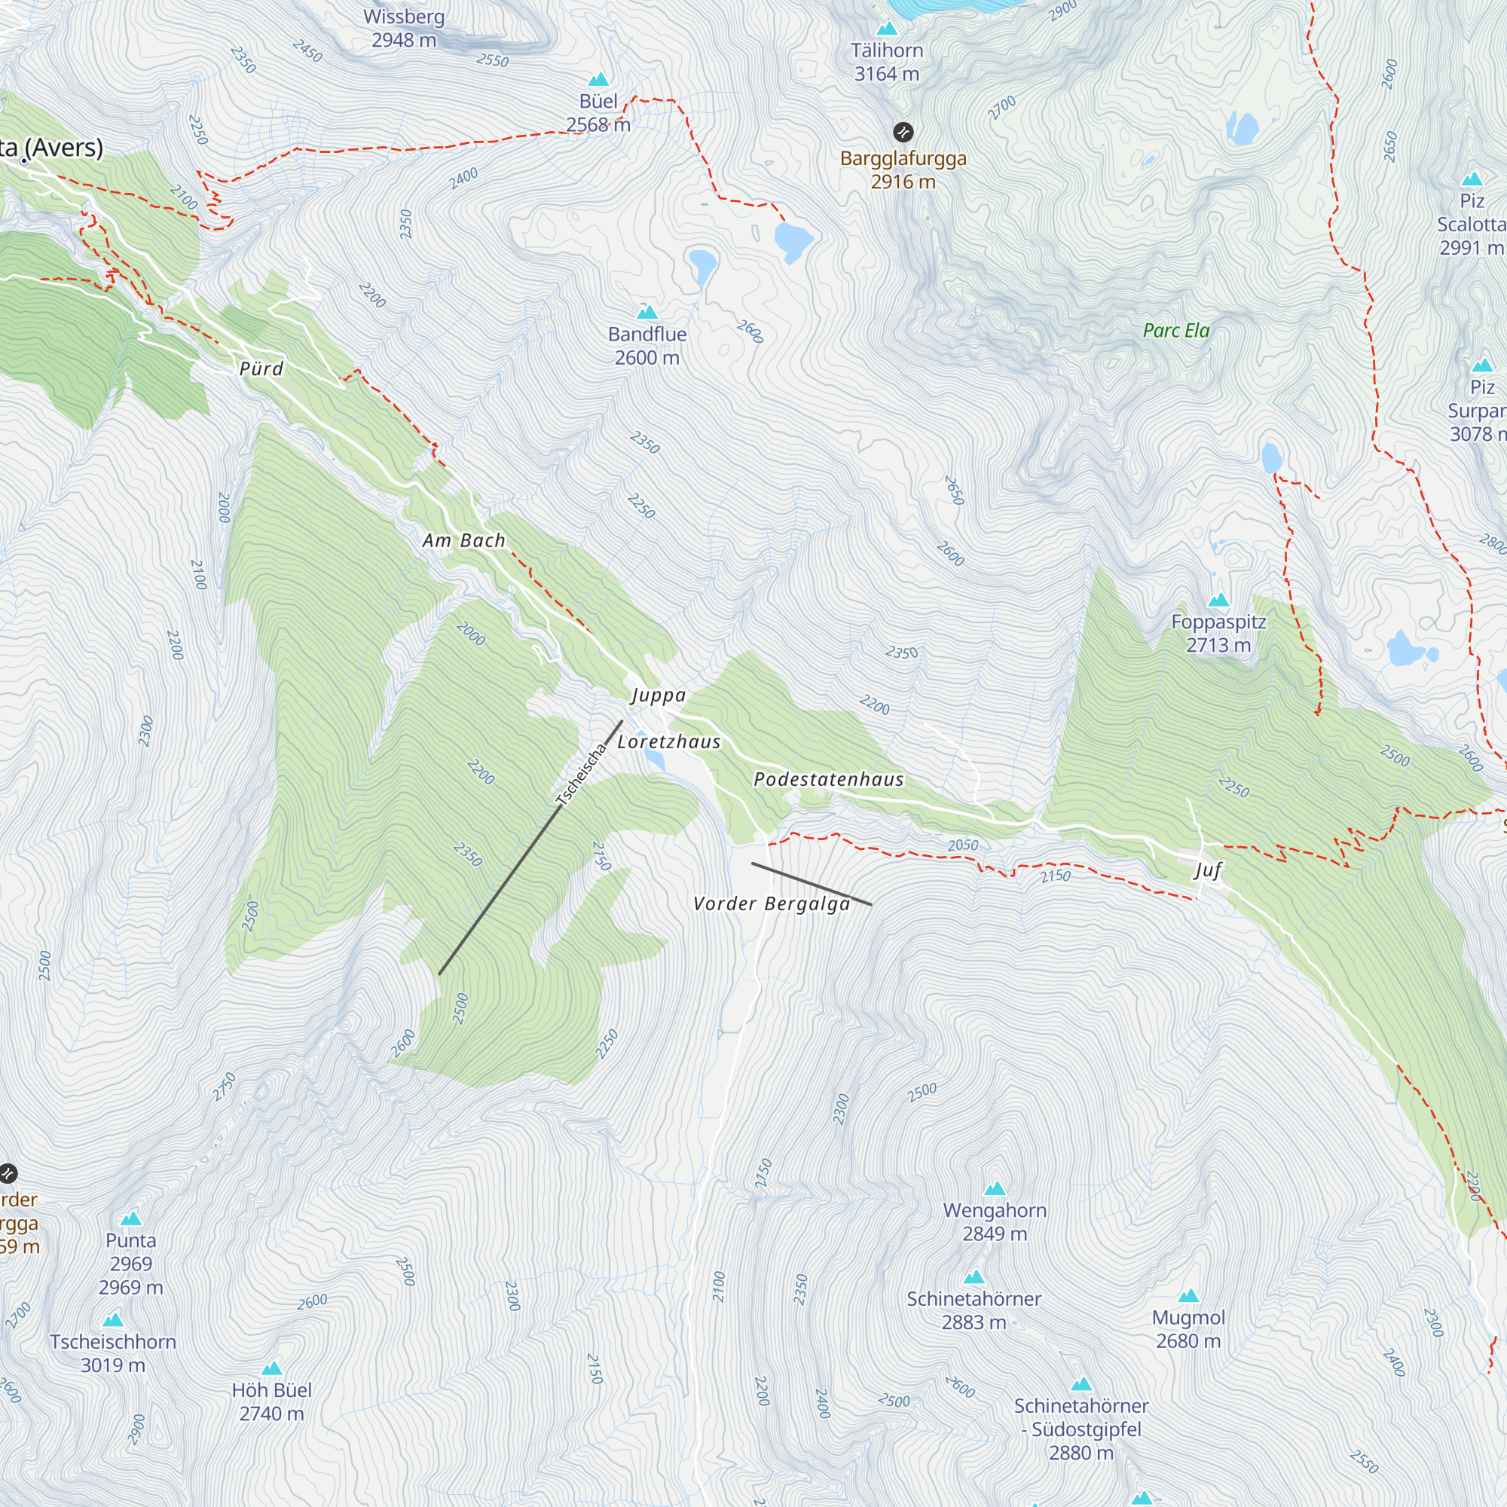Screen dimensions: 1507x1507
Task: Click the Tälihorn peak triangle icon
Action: pos(886,29)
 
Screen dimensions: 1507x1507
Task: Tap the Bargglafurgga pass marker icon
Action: pos(903,132)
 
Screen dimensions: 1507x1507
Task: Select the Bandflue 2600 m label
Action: pos(647,346)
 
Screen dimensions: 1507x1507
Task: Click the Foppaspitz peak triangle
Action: pos(1218,600)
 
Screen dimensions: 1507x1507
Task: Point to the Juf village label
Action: pos(1206,870)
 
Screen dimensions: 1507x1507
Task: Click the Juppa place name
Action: pos(658,695)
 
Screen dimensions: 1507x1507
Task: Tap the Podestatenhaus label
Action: pos(828,779)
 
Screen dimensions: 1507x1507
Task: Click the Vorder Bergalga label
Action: pos(772,903)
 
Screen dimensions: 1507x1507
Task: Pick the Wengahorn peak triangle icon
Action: pos(995,1189)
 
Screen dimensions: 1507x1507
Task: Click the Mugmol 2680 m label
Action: pos(1188,1328)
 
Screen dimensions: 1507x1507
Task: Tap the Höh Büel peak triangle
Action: pos(271,1369)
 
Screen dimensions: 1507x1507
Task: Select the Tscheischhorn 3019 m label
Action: pos(113,1353)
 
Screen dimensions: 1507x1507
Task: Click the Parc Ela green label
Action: pos(1175,331)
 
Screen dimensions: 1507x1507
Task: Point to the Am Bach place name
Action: pos(463,540)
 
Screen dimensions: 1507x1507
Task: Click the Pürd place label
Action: pos(261,368)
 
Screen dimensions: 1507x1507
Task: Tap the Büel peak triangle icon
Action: pos(598,80)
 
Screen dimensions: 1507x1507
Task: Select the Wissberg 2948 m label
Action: pos(404,28)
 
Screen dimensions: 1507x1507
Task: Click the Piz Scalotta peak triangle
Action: pos(1471,179)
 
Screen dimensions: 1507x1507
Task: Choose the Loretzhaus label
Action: pos(668,741)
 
